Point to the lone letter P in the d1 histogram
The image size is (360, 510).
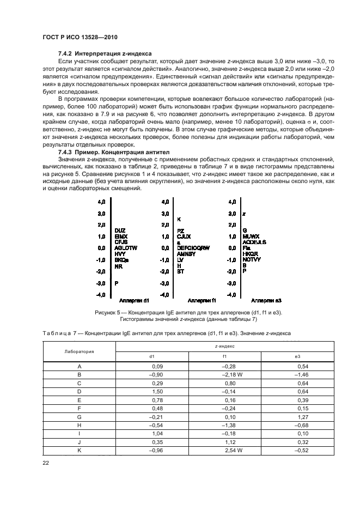[117, 283]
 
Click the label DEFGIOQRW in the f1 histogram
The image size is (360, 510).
[193, 248]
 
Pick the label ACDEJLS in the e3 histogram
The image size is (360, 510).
[254, 242]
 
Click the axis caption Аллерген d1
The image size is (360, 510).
[134, 300]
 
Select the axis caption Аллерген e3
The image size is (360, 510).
[266, 300]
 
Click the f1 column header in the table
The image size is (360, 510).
[224, 357]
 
